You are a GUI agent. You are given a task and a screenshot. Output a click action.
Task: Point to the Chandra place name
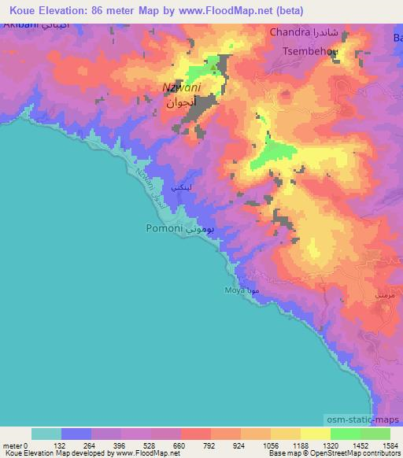tap(289, 32)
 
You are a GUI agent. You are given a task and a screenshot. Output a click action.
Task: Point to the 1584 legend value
tap(388, 445)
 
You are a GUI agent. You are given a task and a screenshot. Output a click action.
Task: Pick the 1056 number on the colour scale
tap(271, 445)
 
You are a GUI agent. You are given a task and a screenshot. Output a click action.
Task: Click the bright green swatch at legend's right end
tap(375, 434)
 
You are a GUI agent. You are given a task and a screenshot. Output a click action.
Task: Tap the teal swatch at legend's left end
tap(46, 434)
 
